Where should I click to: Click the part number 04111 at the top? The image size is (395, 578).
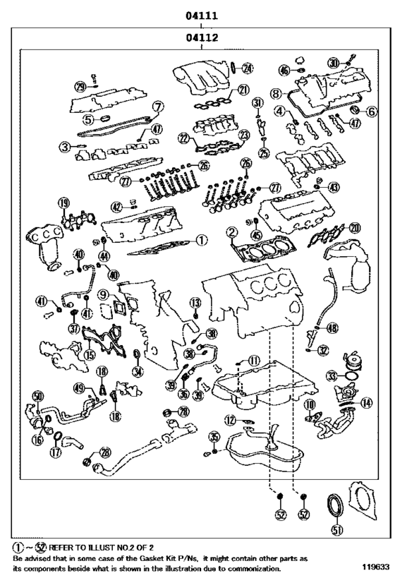(x=201, y=14)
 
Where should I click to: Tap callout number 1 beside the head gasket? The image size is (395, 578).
(x=202, y=240)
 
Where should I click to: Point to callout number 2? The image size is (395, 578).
(x=231, y=232)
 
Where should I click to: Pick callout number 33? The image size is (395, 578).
(x=332, y=378)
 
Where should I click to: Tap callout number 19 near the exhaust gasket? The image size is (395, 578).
(x=64, y=205)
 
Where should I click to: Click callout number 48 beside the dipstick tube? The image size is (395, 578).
(x=332, y=327)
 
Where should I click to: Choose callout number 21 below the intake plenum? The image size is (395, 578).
(x=243, y=90)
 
